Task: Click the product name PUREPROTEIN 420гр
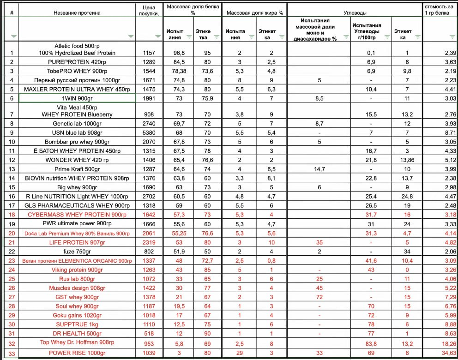point(78,62)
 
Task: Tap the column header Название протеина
point(77,13)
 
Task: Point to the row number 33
point(12,353)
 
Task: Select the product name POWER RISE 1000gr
point(78,353)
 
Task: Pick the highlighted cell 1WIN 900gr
point(77,98)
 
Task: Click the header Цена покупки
point(149,10)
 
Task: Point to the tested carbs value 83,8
point(371,344)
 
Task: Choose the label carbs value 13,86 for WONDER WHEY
point(407,160)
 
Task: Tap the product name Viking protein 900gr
point(78,270)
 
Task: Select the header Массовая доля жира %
point(254,13)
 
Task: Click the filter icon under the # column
point(13,36)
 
